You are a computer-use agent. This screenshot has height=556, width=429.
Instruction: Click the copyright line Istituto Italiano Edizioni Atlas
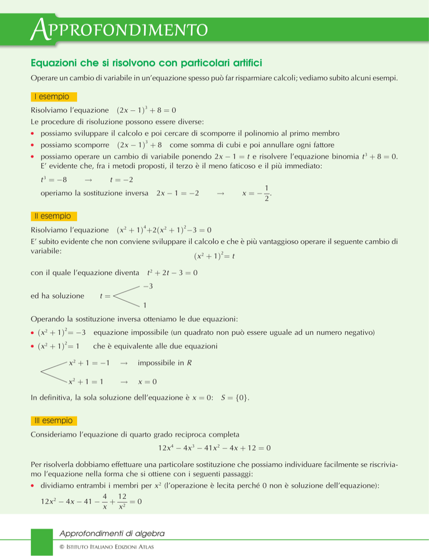click(106, 546)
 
